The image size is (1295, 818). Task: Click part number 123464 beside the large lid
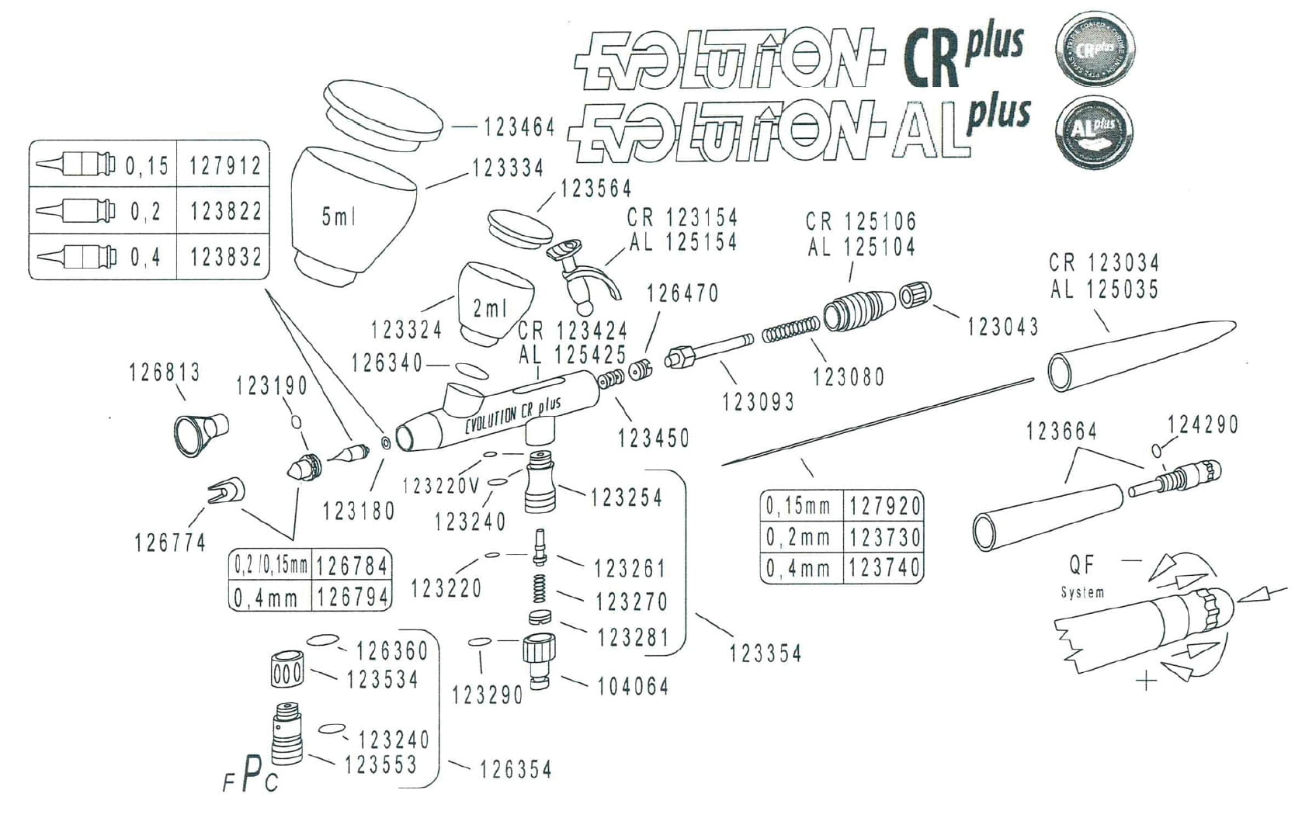[x=519, y=127]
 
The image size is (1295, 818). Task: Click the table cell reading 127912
[x=225, y=165]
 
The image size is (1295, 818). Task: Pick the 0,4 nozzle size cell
[x=145, y=256]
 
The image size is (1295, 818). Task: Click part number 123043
[x=1002, y=328]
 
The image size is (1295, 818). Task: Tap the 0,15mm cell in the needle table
[x=799, y=507]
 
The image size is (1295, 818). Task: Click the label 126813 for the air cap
[x=164, y=373]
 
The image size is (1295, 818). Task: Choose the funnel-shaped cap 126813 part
[x=200, y=432]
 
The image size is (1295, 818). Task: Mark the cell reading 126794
[x=352, y=597]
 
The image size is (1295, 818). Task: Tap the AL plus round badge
[x=1095, y=130]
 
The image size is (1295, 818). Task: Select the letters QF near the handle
[x=1081, y=564]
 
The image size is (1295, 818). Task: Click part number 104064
[x=632, y=686]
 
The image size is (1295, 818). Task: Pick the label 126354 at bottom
[x=516, y=769]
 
